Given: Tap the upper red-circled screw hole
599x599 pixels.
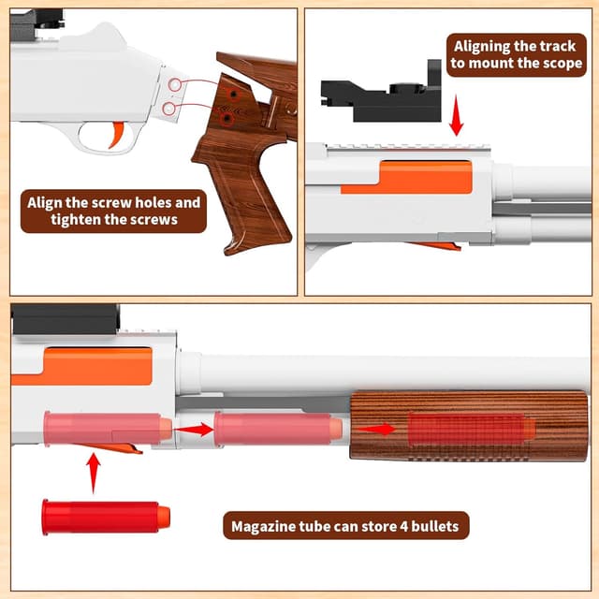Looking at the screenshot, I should point(174,84).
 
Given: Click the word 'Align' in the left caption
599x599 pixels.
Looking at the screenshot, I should point(48,201).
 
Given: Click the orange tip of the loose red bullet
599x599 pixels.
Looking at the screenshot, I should point(164,516).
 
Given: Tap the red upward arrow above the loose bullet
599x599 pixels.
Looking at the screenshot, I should point(94,472).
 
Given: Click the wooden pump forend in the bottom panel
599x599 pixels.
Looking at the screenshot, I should point(468,425).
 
